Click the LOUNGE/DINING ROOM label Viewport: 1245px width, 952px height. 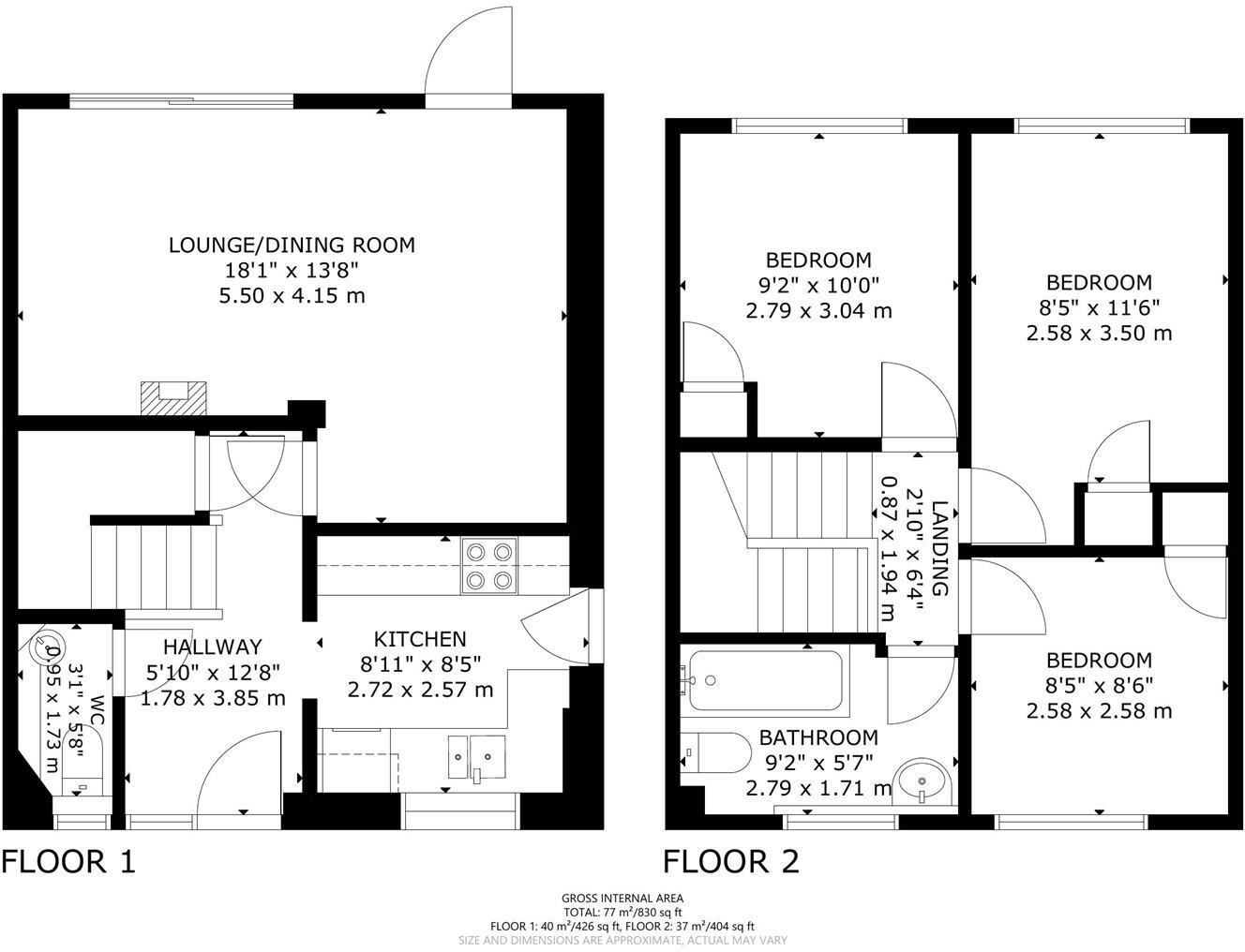coord(292,245)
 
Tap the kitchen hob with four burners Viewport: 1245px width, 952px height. coord(490,566)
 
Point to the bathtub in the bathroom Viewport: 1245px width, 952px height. coord(763,681)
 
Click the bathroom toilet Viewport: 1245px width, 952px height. coord(718,751)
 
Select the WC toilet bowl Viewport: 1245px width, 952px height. coord(43,647)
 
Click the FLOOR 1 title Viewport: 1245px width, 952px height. coord(68,861)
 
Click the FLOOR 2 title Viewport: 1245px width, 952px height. coord(732,861)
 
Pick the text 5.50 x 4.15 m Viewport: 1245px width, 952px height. coord(292,296)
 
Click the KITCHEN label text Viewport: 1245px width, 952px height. coord(420,639)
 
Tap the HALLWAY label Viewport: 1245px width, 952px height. coord(213,647)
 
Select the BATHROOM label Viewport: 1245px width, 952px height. coord(818,737)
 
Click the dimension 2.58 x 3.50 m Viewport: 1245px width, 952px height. coord(1099,333)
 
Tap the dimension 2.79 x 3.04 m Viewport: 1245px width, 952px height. coord(818,310)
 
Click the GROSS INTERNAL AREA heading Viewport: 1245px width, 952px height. coord(622,898)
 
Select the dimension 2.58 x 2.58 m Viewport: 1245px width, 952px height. coord(1099,710)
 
